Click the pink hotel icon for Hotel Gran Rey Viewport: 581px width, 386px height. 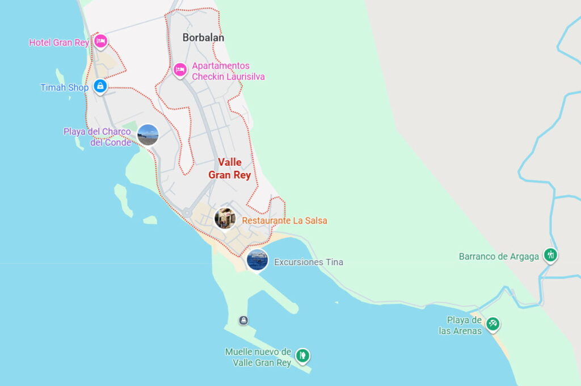pos(100,41)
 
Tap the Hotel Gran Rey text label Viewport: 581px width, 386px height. pos(59,43)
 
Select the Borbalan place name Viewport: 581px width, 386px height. pos(203,37)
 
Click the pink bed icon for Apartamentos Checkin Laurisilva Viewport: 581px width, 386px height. pos(180,70)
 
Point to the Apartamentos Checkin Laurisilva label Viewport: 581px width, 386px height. pos(228,71)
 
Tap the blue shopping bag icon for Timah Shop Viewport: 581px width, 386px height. pos(100,86)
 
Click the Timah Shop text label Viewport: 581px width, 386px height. pos(64,87)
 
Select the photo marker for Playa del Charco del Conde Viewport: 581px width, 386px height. pos(148,135)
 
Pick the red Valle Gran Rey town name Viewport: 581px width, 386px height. pos(229,169)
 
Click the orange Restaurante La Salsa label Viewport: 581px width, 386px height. pos(284,220)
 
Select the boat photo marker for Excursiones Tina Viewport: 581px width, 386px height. pos(258,260)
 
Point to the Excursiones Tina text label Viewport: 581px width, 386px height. pos(308,262)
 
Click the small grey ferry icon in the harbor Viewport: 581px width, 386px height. pos(243,320)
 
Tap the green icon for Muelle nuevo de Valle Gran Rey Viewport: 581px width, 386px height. pos(303,355)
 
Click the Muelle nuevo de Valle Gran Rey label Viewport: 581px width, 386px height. pos(258,357)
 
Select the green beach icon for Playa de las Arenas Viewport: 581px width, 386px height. pos(492,324)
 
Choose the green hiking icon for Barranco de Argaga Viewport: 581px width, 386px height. pos(550,255)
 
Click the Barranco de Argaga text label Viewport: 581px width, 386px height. pos(499,257)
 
